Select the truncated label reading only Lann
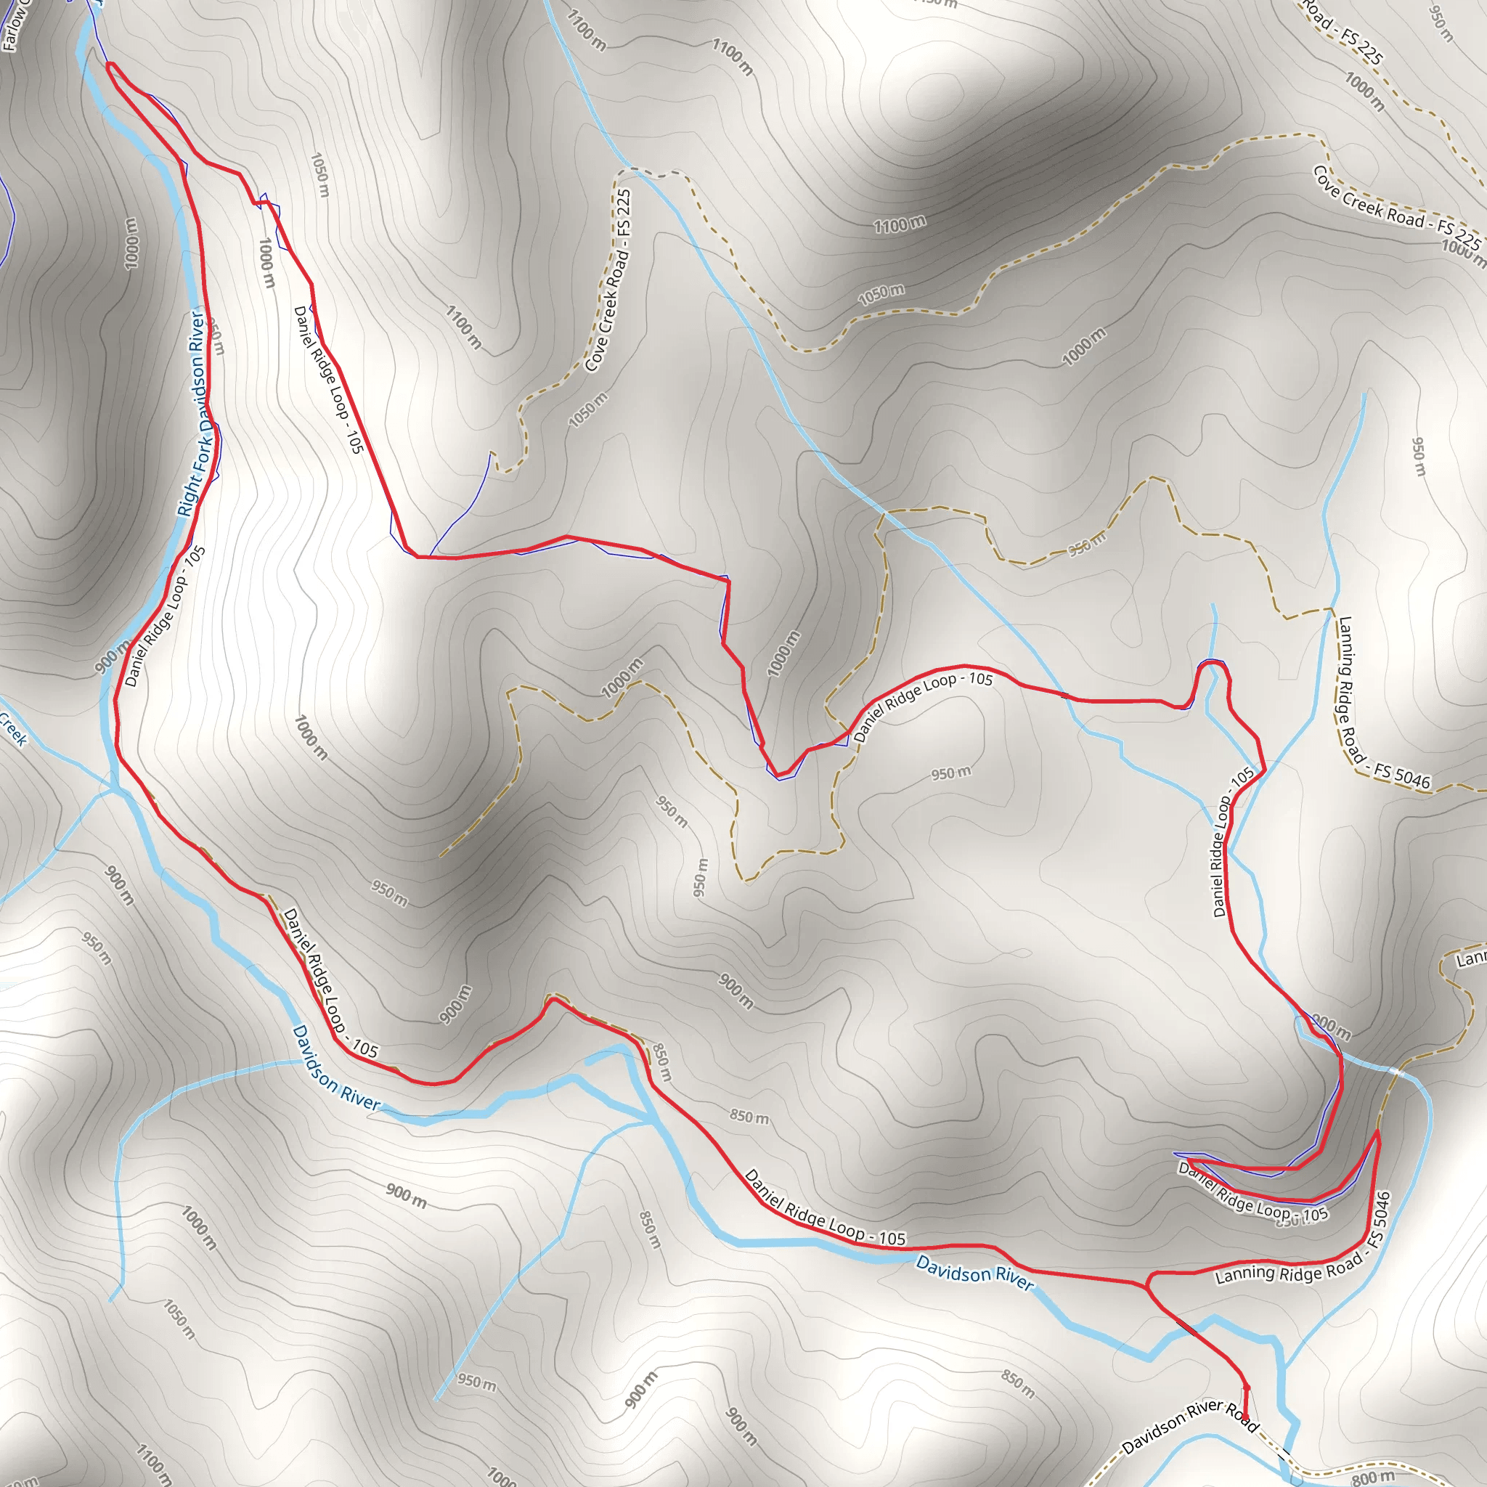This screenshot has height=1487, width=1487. coord(1471,959)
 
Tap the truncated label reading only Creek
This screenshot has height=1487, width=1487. coord(12,728)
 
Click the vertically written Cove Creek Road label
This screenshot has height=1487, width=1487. coord(608,281)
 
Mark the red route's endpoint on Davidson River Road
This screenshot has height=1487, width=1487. coord(1244,1419)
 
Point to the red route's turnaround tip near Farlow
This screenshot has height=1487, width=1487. coord(108,65)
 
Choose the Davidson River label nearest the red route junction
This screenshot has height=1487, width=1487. coord(974,1274)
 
